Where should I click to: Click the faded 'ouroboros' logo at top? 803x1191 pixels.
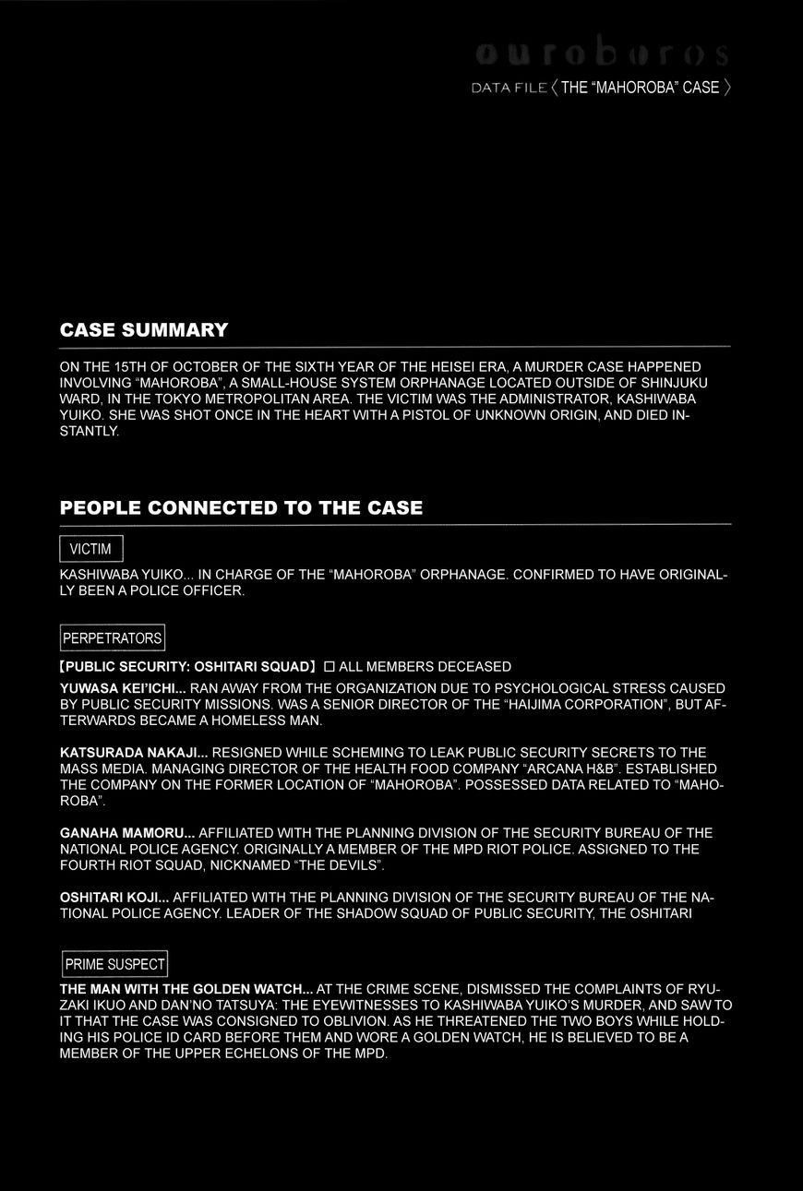coord(603,55)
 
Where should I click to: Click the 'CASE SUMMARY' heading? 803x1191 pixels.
coord(143,330)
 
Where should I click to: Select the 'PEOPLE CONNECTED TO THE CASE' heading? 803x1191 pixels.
coord(241,508)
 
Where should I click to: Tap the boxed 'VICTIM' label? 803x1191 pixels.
coord(90,550)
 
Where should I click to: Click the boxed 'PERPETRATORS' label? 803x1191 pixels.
coord(113,638)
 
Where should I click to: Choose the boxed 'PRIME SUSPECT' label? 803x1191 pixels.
coord(114,965)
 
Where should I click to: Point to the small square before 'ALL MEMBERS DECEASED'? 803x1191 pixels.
coord(330,667)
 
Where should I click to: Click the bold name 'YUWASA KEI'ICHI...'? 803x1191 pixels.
coord(123,688)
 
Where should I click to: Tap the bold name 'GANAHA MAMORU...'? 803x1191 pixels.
coord(127,833)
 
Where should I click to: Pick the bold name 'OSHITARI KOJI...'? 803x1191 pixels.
coord(114,897)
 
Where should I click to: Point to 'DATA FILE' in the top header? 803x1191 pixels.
coord(509,89)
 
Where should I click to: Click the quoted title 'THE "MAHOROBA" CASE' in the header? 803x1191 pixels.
coord(640,89)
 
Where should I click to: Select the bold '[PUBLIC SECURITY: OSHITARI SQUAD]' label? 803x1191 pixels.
coord(187,667)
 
